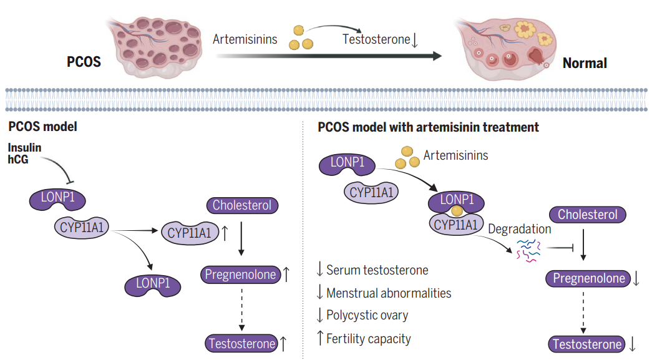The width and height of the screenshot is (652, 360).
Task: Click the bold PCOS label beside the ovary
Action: [x=84, y=62]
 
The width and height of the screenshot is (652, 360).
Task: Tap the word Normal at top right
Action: [x=584, y=62]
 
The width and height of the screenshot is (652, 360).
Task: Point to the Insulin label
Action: [x=26, y=147]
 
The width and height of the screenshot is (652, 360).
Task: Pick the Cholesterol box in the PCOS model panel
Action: [x=241, y=205]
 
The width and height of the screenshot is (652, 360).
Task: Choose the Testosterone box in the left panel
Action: [x=242, y=343]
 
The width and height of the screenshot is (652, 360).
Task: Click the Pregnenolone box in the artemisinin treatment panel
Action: [x=587, y=278]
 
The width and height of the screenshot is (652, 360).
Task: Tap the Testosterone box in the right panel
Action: [x=587, y=344]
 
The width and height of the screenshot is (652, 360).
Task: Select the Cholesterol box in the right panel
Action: [x=587, y=215]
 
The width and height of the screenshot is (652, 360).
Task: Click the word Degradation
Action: [x=519, y=229]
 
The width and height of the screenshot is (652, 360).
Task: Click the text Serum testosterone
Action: [x=377, y=270]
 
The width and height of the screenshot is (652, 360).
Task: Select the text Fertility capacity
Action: [x=368, y=339]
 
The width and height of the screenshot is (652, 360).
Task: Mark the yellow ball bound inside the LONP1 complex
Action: [x=457, y=211]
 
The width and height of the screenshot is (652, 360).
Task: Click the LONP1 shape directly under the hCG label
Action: [x=57, y=200]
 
